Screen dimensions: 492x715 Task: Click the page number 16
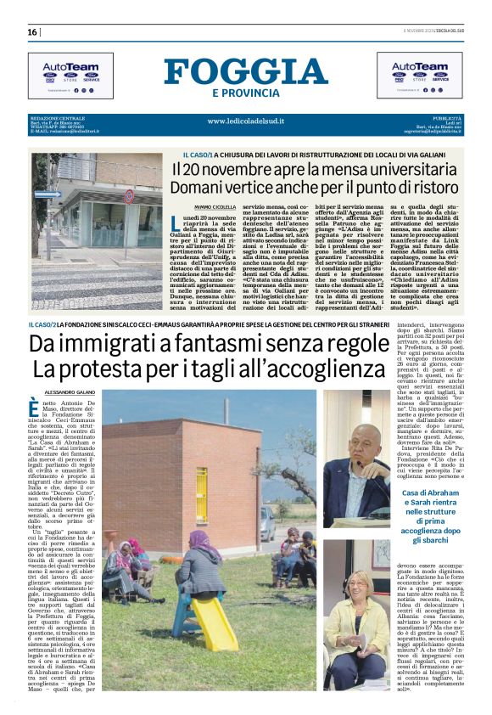(32, 31)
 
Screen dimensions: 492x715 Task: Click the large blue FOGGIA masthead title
(246, 72)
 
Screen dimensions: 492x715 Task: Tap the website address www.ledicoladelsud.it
(246, 121)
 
